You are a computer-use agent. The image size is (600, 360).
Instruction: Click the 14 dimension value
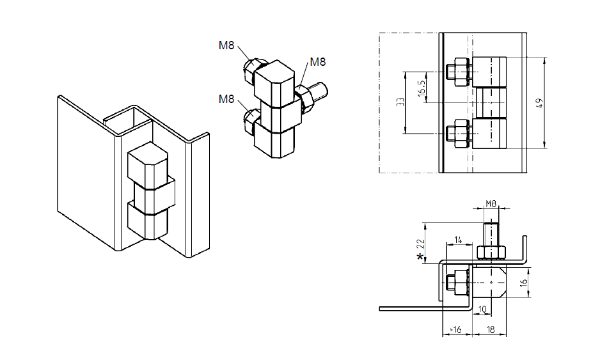point(458,240)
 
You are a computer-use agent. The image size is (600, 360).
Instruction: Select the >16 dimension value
point(455,329)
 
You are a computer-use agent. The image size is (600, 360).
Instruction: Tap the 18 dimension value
point(490,329)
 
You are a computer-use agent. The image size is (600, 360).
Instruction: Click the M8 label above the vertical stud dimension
point(491,203)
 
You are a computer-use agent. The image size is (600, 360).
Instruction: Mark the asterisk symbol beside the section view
point(420,258)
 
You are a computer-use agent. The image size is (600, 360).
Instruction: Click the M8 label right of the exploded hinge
point(318,62)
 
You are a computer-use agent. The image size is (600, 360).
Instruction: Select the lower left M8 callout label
point(227,98)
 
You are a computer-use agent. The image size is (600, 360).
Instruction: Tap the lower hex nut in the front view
point(459,134)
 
